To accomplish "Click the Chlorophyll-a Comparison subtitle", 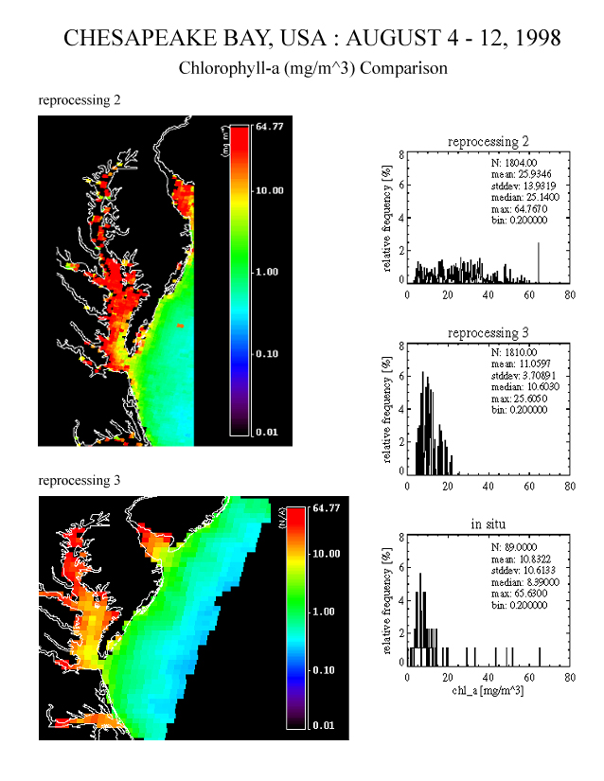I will (x=312, y=69).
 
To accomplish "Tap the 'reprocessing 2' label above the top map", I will (x=79, y=99).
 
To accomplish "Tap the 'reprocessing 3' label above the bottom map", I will (x=79, y=480).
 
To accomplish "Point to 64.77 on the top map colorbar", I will (x=270, y=127).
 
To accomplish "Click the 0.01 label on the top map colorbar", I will (x=270, y=432).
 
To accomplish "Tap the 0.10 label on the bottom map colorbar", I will (x=326, y=670).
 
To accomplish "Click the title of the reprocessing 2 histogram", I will (x=488, y=142).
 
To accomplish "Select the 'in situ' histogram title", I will (x=488, y=525).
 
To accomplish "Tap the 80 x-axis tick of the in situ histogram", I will (x=569, y=678).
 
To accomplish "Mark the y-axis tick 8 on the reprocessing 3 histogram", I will (x=400, y=346).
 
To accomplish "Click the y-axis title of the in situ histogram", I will (x=388, y=599).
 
